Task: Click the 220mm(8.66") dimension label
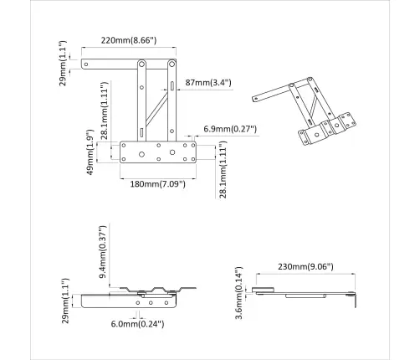(130, 39)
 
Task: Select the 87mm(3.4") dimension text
(208, 83)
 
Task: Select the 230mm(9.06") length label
(305, 267)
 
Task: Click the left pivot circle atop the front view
(141, 63)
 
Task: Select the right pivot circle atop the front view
(173, 63)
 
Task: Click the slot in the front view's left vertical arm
(141, 131)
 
